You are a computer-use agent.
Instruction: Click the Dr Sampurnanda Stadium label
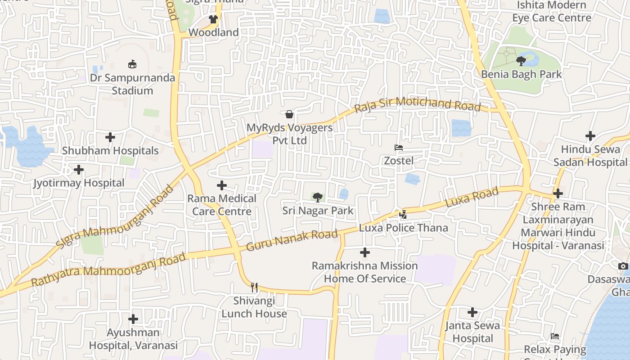(132, 84)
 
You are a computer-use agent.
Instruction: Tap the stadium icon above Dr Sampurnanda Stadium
(132, 64)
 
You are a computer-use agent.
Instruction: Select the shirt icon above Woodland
(213, 19)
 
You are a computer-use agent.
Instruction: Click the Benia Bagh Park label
(522, 74)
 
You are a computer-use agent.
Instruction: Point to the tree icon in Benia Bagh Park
(521, 61)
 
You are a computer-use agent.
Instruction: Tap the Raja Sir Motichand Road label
(417, 104)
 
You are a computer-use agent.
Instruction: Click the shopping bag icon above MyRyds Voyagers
(289, 114)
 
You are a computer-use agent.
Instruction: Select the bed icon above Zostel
(398, 148)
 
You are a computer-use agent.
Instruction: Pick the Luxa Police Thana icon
(403, 215)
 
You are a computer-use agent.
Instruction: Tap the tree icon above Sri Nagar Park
(318, 197)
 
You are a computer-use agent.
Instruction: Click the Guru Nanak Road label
(292, 240)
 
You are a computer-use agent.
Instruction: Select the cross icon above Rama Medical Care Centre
(222, 185)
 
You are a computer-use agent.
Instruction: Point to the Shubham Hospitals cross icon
(110, 137)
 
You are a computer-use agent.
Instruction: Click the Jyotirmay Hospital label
(79, 183)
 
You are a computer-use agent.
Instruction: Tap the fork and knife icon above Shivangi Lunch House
(254, 287)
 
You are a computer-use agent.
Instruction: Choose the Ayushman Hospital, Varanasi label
(133, 339)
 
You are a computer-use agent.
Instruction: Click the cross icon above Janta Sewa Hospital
(472, 312)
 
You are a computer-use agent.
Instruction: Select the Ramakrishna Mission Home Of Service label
(365, 272)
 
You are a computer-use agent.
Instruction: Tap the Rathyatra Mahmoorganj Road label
(108, 270)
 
